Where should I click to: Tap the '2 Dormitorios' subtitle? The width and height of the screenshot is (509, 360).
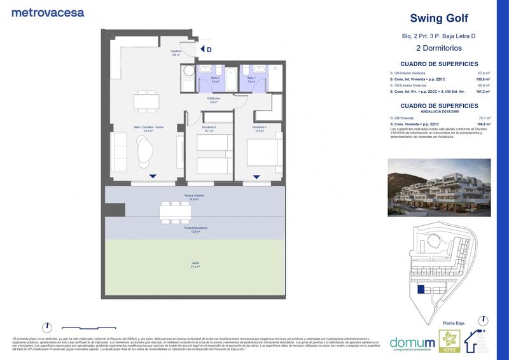438,48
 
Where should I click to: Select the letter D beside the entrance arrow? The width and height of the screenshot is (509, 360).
209,49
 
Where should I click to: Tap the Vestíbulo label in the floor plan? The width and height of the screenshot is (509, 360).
176,53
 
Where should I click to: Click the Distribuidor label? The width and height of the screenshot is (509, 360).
214,100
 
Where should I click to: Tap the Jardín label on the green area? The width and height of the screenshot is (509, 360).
195,265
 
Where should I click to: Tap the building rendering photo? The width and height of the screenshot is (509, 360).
438,188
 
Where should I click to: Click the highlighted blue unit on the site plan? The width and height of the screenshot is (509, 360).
421,289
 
